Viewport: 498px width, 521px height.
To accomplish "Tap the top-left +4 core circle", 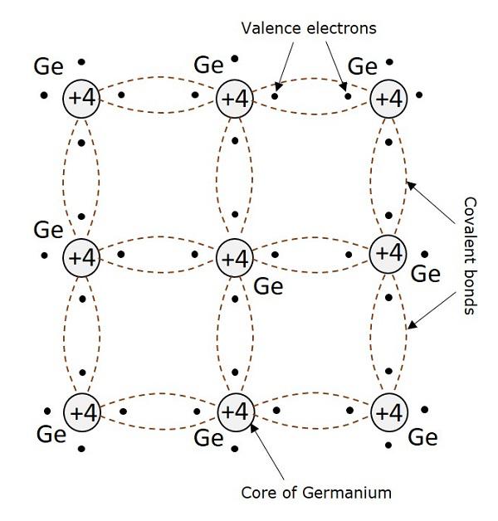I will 83,99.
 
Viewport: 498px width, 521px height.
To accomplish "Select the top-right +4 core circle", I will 388,99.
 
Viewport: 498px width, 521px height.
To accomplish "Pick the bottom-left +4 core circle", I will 83,411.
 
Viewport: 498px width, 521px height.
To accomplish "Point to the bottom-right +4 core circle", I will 388,411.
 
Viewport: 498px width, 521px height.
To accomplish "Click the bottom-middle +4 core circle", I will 236,411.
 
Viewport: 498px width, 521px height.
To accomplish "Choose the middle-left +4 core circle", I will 83,257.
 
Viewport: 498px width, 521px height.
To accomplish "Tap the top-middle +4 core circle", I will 236,99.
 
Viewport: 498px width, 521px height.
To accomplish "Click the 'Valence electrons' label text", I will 308,28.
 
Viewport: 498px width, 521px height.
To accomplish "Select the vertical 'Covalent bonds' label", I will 470,256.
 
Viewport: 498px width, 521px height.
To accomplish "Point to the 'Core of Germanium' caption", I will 315,493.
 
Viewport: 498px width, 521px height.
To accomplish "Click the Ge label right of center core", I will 267,288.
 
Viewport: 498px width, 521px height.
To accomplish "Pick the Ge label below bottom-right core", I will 423,436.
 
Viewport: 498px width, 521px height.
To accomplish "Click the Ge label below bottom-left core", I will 51,435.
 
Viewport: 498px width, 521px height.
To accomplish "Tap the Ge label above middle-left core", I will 47,228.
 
